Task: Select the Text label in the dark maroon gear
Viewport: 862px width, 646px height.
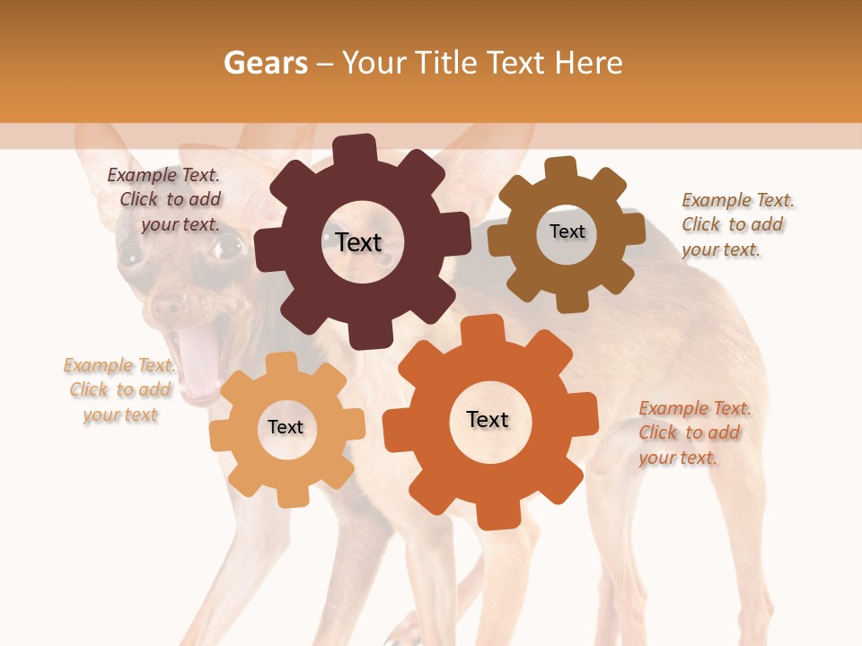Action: click(x=358, y=242)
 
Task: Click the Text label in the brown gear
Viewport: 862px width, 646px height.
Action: click(x=567, y=231)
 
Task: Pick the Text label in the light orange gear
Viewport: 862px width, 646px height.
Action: click(x=286, y=427)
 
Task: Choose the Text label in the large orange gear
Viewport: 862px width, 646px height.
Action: click(x=488, y=419)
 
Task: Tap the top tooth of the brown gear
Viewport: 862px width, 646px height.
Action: click(x=561, y=168)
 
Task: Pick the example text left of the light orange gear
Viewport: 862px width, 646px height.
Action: click(x=119, y=389)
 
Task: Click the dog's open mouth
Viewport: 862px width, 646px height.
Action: click(x=199, y=359)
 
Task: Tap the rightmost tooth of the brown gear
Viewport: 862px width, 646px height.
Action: click(x=634, y=230)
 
